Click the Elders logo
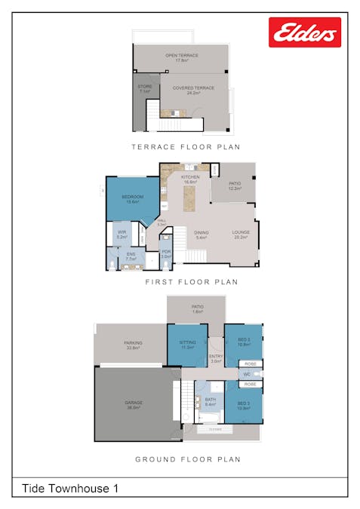pos(304,32)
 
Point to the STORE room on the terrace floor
pos(145,89)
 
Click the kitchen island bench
pos(189,198)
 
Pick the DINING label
pos(202,235)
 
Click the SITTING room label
pos(187,345)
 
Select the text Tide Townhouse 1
pos(70,488)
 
